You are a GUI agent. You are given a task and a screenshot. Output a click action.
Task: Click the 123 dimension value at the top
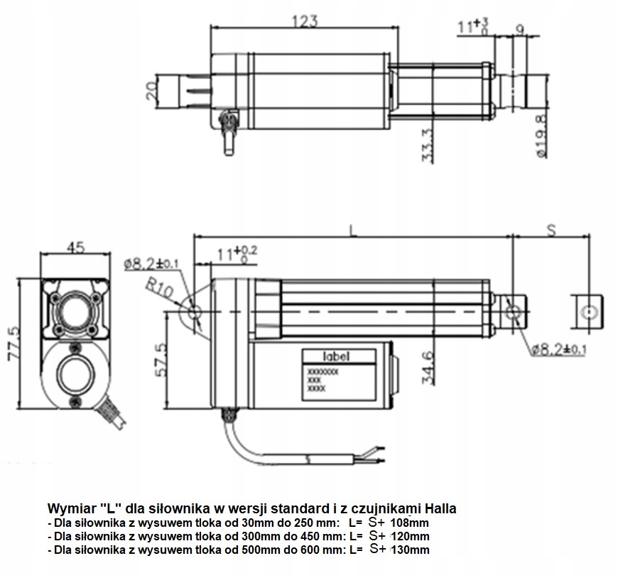[x=303, y=22]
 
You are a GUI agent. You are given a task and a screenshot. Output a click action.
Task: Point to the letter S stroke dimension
[x=551, y=229]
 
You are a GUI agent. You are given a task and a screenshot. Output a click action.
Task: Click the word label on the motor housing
[x=336, y=356]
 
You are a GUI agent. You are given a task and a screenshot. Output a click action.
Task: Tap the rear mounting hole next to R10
[x=193, y=311]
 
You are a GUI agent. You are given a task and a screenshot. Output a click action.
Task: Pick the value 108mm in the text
[x=409, y=523]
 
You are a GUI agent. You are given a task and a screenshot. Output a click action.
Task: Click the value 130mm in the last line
[x=409, y=550]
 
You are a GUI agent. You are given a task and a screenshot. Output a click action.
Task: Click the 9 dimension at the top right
[x=519, y=29]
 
